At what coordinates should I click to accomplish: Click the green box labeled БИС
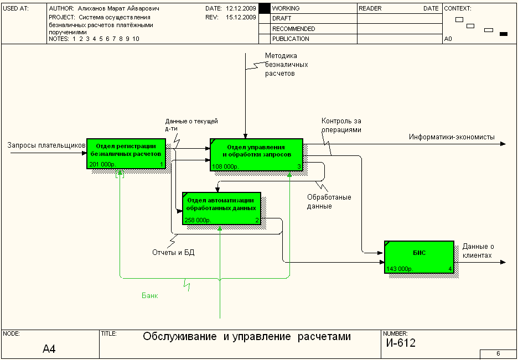(418, 257)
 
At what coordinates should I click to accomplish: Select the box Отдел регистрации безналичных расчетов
(126, 153)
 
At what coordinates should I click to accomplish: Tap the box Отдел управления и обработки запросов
(256, 153)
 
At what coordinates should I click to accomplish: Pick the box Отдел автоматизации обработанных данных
(221, 207)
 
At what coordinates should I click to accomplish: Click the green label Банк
(150, 296)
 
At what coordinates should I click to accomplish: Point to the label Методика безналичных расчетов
(286, 64)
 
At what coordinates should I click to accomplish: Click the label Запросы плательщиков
(46, 145)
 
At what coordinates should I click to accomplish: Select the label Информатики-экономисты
(452, 137)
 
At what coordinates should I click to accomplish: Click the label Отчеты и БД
(173, 253)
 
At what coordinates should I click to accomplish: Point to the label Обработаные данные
(329, 201)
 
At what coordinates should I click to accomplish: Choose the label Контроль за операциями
(341, 126)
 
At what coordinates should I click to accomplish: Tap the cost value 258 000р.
(198, 220)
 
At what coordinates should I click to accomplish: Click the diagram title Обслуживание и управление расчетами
(247, 336)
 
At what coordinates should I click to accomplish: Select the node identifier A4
(49, 349)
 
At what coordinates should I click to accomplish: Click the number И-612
(401, 343)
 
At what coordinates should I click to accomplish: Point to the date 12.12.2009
(241, 9)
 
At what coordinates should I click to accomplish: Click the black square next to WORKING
(265, 9)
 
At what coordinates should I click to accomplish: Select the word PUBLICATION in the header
(291, 39)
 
